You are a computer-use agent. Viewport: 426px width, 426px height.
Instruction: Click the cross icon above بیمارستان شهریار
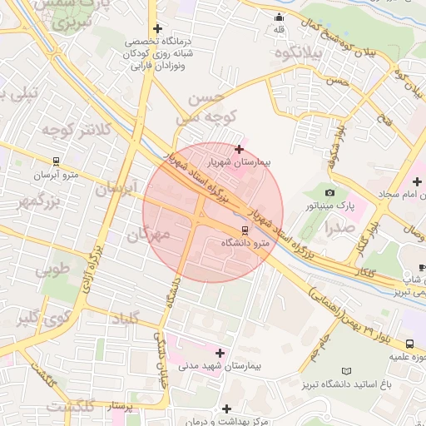point(240,150)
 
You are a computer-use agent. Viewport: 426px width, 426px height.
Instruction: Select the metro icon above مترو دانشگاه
point(245,230)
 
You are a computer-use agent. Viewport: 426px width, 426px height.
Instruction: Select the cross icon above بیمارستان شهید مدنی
point(220,353)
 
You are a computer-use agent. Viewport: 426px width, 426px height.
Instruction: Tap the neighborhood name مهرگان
point(147,235)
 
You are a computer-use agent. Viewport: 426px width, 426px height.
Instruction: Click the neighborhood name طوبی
point(52,269)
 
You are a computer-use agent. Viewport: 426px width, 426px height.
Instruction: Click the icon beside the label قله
point(279,18)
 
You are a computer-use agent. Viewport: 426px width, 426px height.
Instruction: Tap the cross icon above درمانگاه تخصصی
point(156,29)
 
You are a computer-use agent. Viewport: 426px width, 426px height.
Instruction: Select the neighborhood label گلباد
point(139,317)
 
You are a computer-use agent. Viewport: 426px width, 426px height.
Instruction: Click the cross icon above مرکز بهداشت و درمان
point(226,409)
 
